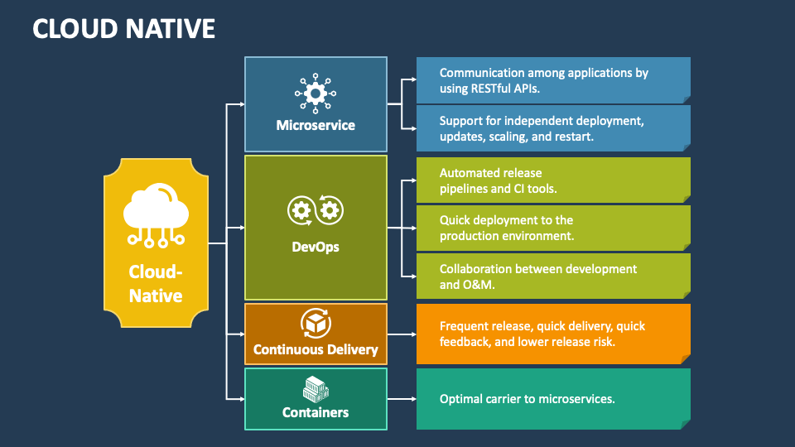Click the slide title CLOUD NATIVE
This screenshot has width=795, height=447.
pos(123,28)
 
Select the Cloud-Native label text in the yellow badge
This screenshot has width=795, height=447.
pos(156,283)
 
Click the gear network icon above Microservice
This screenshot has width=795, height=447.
pos(316,94)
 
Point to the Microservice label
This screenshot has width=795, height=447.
pos(316,126)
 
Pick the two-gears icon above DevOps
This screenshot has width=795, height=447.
pos(316,210)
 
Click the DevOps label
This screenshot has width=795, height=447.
pos(316,247)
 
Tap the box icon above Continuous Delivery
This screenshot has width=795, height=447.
pos(316,324)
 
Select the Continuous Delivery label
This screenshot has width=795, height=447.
pos(316,349)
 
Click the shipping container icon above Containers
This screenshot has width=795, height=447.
pos(316,387)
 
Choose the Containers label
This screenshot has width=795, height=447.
pos(316,412)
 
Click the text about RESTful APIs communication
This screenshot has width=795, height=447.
pos(543,80)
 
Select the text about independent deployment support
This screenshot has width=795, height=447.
pos(542,128)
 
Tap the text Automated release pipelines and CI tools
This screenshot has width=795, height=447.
pos(498,180)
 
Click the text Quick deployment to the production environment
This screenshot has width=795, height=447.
pos(507,228)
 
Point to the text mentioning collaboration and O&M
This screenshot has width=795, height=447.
pos(538,276)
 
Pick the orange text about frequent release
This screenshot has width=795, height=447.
pos(542,334)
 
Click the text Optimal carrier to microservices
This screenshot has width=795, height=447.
pos(527,399)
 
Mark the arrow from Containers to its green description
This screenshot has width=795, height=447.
pos(402,399)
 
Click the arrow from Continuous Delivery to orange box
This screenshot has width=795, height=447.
pos(402,334)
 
